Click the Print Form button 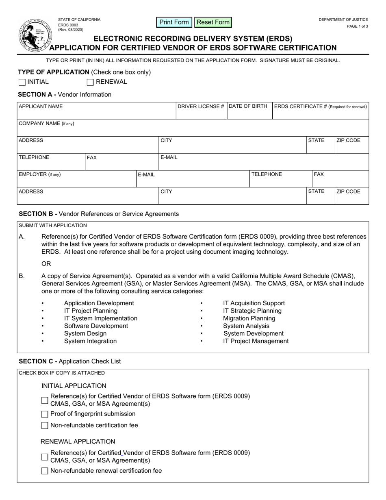174,22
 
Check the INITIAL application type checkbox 22,83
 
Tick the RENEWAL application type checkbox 90,83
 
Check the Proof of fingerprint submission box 45,414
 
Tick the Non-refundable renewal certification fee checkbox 45,471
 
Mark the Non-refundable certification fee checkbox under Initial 45,426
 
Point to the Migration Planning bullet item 249,318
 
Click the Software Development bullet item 96,326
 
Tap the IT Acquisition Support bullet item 254,303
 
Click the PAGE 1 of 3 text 358,26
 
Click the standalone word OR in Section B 46,264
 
